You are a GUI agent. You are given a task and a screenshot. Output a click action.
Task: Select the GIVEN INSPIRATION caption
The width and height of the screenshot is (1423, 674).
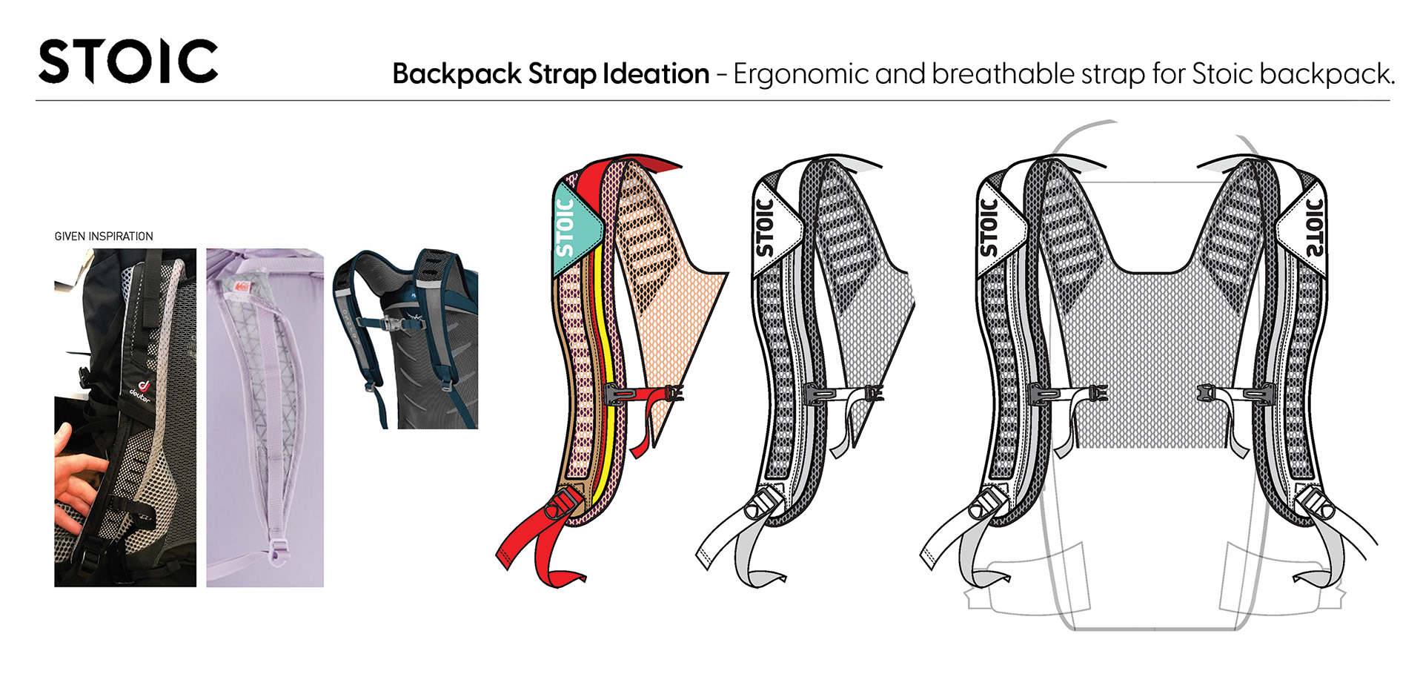click(x=104, y=237)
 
